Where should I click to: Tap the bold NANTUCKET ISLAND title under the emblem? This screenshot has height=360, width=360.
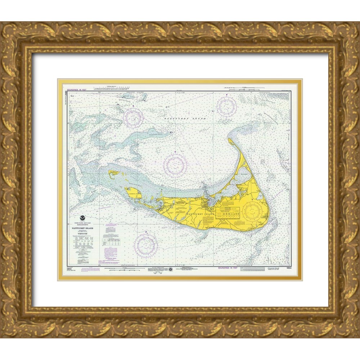(83, 228)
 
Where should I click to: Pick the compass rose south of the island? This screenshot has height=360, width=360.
(145, 245)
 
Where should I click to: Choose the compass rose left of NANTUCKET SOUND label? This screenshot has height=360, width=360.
(133, 117)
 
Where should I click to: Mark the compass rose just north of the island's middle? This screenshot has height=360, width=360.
(175, 165)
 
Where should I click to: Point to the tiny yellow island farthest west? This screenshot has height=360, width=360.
(114, 173)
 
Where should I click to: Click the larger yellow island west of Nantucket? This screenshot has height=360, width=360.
(133, 193)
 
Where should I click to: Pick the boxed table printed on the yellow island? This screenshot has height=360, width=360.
(228, 212)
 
